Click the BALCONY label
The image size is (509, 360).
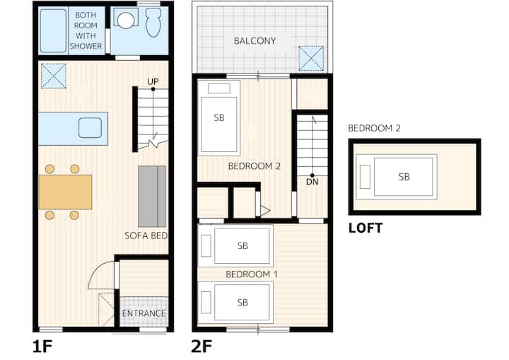tap(255, 41)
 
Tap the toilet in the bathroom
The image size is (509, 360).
tap(153, 22)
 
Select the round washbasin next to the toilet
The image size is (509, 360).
tap(126, 19)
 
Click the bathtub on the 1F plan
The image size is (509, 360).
tap(53, 30)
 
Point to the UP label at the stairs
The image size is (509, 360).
tap(153, 81)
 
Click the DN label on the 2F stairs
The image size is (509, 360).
tap(312, 182)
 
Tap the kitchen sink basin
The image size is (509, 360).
tap(90, 128)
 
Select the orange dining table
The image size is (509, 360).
tap(65, 192)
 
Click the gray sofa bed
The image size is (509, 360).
tap(152, 196)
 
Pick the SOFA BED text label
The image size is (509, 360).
tap(146, 236)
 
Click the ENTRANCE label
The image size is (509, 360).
tap(144, 313)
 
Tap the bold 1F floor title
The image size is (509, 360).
tap(42, 347)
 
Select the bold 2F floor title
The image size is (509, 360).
tap(201, 347)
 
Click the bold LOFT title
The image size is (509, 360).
tap(365, 228)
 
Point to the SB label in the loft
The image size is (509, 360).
tap(404, 177)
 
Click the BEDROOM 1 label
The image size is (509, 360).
tap(252, 274)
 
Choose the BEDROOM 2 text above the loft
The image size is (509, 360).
tap(374, 128)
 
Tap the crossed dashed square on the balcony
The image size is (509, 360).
tap(311, 59)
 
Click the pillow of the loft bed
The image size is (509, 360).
tap(365, 177)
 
